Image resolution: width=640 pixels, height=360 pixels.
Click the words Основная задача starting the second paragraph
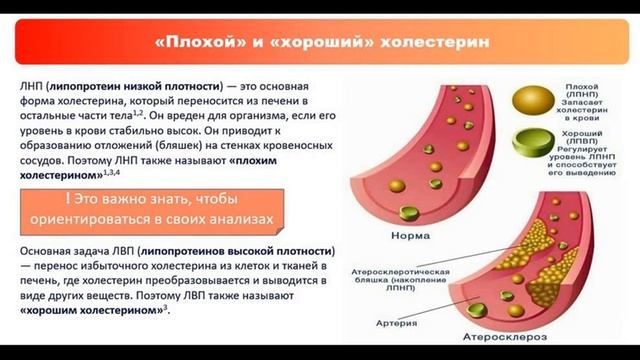[62, 249]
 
